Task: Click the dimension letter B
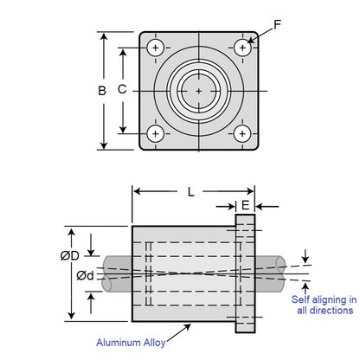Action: [x=102, y=91]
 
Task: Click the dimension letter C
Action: [x=124, y=88]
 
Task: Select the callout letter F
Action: [x=277, y=25]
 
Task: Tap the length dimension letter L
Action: [x=191, y=191]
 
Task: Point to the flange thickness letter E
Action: [x=246, y=206]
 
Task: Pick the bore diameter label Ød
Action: [x=85, y=275]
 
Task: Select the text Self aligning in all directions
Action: [x=326, y=305]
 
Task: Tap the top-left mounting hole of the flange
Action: [x=156, y=47]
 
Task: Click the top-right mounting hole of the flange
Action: [x=241, y=47]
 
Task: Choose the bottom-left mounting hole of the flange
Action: [x=156, y=133]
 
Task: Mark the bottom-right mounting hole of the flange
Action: [x=241, y=133]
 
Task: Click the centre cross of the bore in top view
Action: [x=199, y=90]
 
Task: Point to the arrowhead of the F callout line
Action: [x=248, y=42]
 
